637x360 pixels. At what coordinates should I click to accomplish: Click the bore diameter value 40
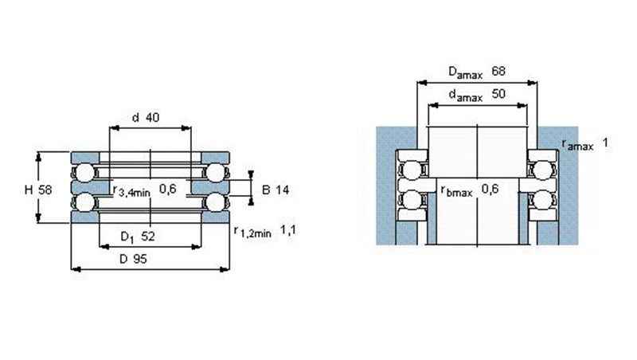point(152,117)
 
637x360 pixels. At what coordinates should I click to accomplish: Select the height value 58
point(45,190)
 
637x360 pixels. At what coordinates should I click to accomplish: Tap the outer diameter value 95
point(140,259)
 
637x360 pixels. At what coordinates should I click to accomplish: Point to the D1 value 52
point(148,236)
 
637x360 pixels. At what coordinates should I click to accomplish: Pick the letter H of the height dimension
point(29,190)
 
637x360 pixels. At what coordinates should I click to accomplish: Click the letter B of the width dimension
point(266,190)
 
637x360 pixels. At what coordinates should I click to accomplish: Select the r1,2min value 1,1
point(288,230)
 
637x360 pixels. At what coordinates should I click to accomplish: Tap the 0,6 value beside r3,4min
point(168,189)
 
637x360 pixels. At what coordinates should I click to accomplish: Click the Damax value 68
point(498,71)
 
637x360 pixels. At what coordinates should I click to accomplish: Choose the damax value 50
point(498,94)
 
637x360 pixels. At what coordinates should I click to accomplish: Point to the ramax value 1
point(605,143)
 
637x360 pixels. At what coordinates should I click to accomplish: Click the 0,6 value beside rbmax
point(490,189)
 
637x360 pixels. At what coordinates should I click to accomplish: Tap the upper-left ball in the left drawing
point(85,172)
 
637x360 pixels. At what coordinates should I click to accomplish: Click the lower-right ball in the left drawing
point(216,202)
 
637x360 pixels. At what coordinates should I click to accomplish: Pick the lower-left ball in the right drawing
point(411,199)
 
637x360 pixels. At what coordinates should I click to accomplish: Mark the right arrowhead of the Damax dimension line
point(532,83)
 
